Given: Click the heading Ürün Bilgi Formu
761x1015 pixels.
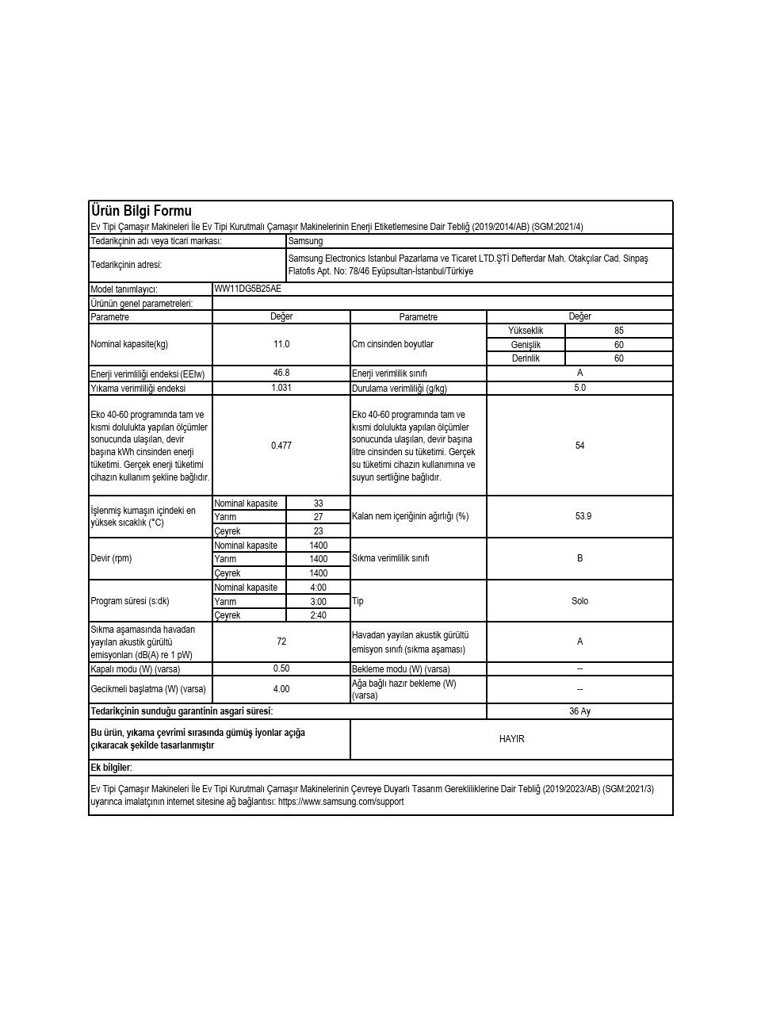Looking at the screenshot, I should point(140,211).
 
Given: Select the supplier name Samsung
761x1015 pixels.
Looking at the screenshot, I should point(305,241).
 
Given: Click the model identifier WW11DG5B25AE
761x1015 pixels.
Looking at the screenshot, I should point(247,289).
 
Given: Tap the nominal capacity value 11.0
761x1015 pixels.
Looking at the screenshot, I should point(281,344).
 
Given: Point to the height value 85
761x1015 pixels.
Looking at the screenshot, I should point(618,331).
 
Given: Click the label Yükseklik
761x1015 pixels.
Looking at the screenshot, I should point(526,331).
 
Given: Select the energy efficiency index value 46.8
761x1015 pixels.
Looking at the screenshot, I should point(281,373).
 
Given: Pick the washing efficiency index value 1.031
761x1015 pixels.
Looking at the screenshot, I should point(281,388).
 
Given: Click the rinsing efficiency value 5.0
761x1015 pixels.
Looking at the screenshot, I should point(579,388).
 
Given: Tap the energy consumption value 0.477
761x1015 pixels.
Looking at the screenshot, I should point(281,446).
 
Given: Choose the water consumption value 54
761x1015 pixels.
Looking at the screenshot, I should point(579,446).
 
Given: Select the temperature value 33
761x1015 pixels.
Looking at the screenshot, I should point(318,504).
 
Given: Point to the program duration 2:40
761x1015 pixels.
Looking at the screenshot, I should point(318,615).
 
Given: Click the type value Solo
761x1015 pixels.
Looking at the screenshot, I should point(579,601).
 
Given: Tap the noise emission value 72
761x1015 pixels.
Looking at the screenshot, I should point(281,642).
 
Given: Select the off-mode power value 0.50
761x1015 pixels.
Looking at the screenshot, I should point(281,669).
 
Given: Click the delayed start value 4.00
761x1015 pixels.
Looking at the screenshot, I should point(281,689).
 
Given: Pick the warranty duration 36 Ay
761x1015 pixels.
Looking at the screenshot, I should point(579,711).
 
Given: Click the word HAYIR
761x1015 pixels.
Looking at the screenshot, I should point(511,739).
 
